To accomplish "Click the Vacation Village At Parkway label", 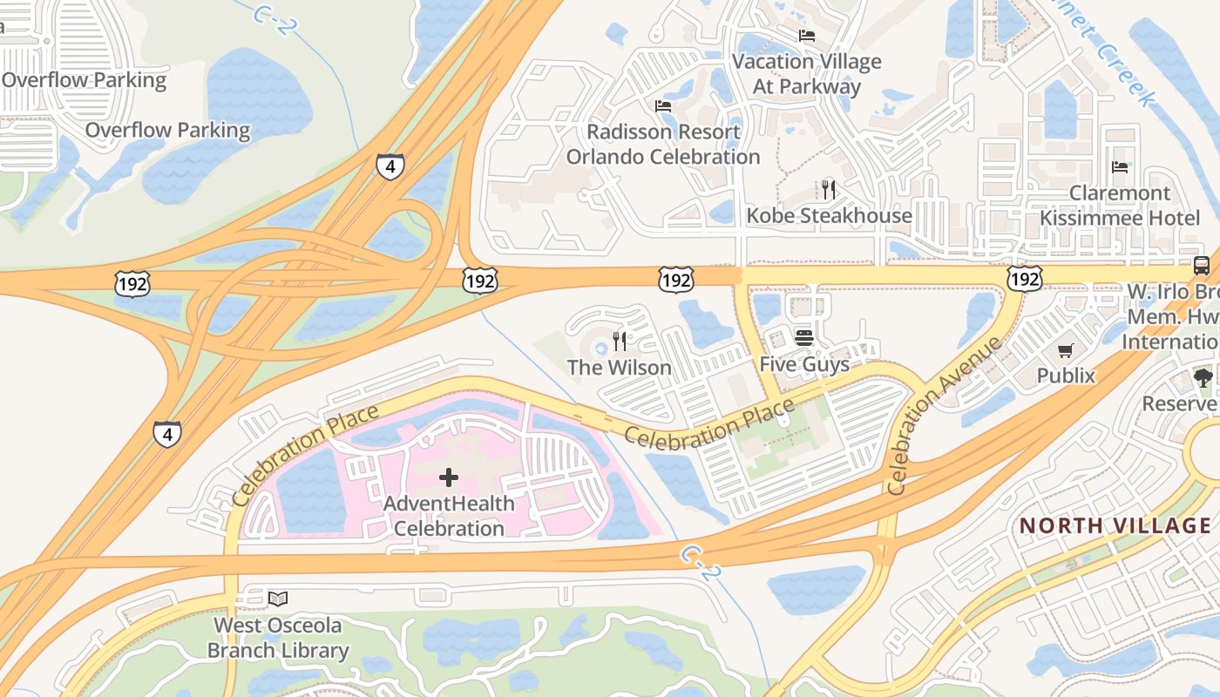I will pos(806,74).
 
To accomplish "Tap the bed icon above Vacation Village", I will pos(807,36).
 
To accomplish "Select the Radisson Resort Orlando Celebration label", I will pos(663,145).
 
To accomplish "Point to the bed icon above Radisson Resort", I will pos(663,106).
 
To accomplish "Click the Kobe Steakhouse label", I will pos(829,215).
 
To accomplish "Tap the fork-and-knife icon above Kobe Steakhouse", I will pos(828,189).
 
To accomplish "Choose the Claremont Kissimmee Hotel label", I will pos(1120,206).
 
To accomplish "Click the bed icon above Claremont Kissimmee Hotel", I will pos(1120,167).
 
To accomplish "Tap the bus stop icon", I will pos(1201,266).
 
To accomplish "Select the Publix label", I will pos(1066,376).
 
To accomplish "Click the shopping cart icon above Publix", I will pos(1065,351).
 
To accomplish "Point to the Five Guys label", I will pos(804,364).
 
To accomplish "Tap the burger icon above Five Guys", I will pos(803,337).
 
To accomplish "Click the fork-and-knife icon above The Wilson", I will pos(620,341).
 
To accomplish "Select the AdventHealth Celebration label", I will pos(449,516).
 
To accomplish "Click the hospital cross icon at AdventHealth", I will pos(449,477).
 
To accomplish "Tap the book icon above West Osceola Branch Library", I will pos(278,599).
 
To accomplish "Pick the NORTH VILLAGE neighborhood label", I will pos(1115,525).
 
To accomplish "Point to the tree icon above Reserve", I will pos(1203,378).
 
